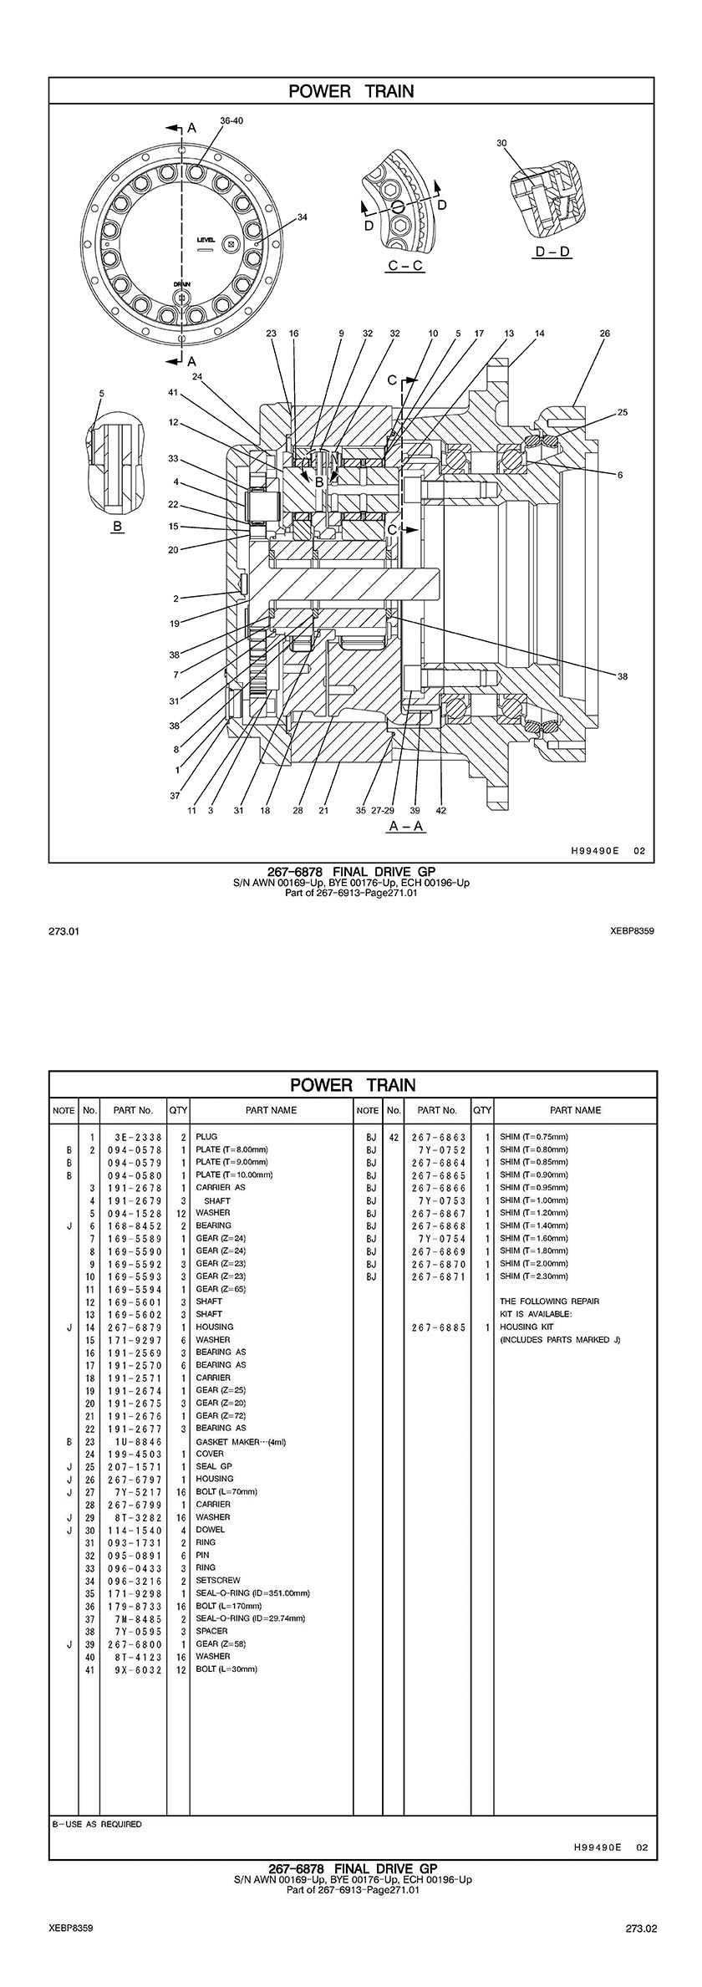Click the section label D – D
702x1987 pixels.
[x=552, y=252]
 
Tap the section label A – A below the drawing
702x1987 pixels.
[x=406, y=826]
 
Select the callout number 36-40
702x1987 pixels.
[x=231, y=120]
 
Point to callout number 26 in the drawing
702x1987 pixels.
[x=604, y=334]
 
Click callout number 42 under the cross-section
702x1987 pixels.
[x=441, y=810]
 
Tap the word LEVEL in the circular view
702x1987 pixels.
[x=206, y=239]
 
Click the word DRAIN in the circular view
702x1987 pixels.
[x=182, y=283]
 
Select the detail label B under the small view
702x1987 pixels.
[x=118, y=527]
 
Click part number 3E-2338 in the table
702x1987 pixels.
[x=137, y=1137]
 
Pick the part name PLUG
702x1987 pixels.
[x=206, y=1137]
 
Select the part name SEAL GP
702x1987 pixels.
[x=214, y=1466]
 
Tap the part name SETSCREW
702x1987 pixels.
[x=217, y=1581]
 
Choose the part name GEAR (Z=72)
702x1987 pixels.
[x=221, y=1415]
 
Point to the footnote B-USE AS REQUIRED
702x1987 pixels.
[x=97, y=1824]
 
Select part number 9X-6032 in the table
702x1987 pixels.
[x=137, y=1669]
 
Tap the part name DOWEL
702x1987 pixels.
[x=210, y=1530]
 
